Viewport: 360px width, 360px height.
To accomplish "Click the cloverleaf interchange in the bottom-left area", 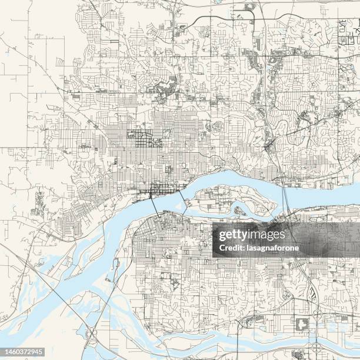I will [92, 335].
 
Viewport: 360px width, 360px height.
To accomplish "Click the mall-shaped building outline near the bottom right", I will [304, 324].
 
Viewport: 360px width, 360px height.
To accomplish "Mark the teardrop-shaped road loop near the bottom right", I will [298, 354].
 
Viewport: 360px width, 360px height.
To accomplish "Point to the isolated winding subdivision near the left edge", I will [39, 202].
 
